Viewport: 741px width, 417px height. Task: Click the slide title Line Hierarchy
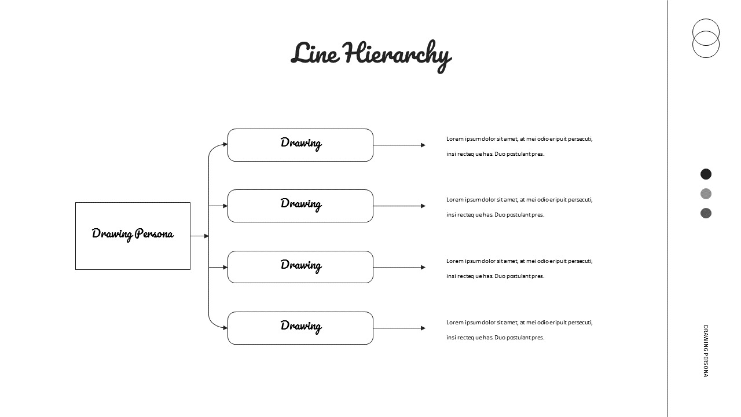point(370,54)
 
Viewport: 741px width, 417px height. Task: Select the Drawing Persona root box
point(133,236)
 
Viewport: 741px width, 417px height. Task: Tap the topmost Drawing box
point(300,145)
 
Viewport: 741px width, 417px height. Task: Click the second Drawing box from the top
point(300,206)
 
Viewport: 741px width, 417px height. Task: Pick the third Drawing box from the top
point(300,267)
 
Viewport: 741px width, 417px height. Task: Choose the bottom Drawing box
point(300,328)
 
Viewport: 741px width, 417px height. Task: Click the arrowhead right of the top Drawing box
point(423,145)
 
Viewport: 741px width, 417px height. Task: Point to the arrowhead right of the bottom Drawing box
point(423,328)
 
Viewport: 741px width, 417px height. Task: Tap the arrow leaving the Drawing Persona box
point(199,236)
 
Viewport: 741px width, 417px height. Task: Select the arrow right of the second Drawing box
point(399,206)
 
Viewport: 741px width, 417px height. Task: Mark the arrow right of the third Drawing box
point(399,268)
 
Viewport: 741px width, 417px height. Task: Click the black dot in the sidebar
point(706,174)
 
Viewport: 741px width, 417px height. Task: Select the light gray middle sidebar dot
point(706,194)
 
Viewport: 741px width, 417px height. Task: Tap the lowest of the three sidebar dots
point(706,213)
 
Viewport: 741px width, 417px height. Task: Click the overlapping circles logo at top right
point(706,38)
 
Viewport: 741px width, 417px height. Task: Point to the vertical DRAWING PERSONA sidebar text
point(706,351)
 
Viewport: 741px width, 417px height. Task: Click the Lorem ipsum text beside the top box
point(519,146)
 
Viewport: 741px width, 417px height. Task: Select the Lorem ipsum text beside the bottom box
point(519,330)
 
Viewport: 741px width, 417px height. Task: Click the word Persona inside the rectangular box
point(154,234)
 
